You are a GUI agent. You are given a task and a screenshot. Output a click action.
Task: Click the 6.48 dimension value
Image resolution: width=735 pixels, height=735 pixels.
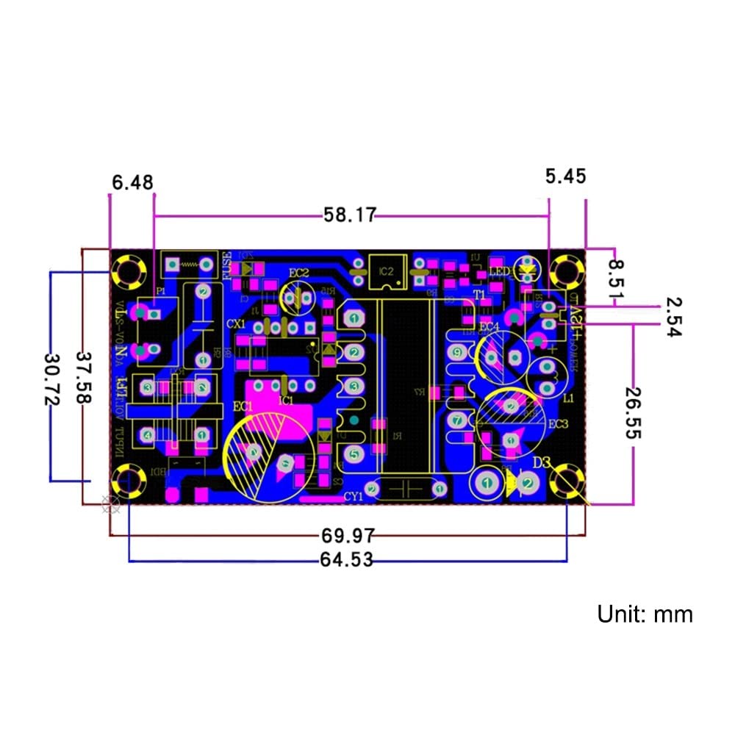pyautogui.click(x=133, y=181)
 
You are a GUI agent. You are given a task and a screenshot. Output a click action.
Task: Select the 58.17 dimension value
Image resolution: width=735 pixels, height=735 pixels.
pyautogui.click(x=350, y=215)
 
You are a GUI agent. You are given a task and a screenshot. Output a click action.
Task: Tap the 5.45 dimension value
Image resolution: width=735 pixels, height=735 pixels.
pyautogui.click(x=565, y=176)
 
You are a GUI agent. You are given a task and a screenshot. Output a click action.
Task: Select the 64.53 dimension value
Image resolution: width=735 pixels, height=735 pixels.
pyautogui.click(x=346, y=560)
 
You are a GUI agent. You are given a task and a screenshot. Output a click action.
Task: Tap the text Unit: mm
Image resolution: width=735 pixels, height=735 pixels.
pyautogui.click(x=645, y=614)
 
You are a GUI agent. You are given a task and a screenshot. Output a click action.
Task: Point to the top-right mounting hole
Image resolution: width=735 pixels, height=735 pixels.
pyautogui.click(x=567, y=270)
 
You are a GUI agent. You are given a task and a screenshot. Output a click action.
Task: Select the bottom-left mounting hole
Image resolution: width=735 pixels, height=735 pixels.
pyautogui.click(x=126, y=482)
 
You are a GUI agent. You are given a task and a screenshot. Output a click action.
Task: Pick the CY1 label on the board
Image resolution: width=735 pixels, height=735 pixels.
pyautogui.click(x=354, y=497)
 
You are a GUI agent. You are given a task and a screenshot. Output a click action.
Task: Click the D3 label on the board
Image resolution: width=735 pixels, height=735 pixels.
pyautogui.click(x=542, y=462)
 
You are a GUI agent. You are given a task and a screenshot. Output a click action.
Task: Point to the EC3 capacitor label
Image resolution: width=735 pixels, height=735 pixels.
pyautogui.click(x=559, y=424)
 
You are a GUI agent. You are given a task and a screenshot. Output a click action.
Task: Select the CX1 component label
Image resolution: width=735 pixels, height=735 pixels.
pyautogui.click(x=236, y=323)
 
